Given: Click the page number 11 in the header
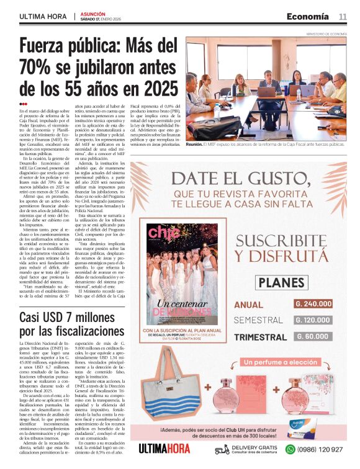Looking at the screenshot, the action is click(343, 16).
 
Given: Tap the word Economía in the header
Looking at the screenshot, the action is click(308, 16).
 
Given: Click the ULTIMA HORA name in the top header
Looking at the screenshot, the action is click(44, 17).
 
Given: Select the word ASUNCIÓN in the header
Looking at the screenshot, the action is click(93, 13).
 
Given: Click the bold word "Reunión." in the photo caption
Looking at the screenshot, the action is click(195, 144).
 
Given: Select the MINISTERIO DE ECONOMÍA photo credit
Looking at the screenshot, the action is click(326, 34).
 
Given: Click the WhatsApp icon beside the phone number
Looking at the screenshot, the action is click(289, 449).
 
